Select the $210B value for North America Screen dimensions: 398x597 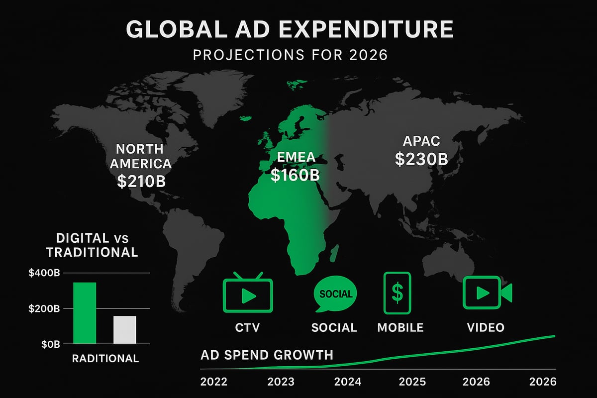pyautogui.click(x=141, y=181)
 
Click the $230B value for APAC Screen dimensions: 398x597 pyautogui.click(x=421, y=159)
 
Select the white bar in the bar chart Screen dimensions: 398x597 pyautogui.click(x=124, y=329)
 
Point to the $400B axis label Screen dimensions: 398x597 pyautogui.click(x=45, y=273)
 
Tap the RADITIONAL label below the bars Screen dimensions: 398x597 pyautogui.click(x=105, y=359)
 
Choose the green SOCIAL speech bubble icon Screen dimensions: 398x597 pyautogui.click(x=335, y=295)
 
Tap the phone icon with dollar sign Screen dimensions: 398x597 pyautogui.click(x=398, y=293)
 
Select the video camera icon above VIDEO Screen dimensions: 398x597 pyautogui.click(x=486, y=293)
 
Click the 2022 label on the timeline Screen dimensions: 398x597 pyautogui.click(x=213, y=382)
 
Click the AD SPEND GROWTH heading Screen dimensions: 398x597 pyautogui.click(x=267, y=355)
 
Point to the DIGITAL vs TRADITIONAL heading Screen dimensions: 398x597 pyautogui.click(x=92, y=245)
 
